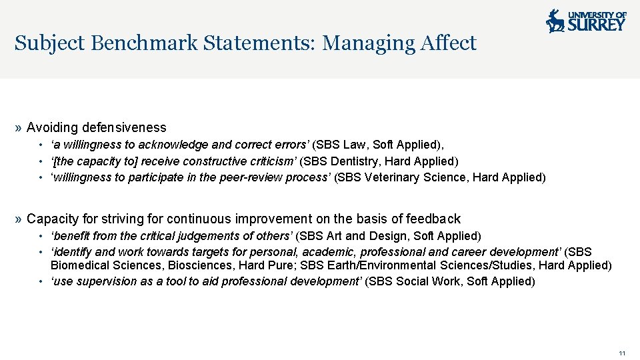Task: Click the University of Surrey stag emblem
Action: [555, 21]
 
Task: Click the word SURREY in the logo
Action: [597, 25]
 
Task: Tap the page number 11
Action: [622, 353]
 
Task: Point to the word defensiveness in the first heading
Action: [125, 127]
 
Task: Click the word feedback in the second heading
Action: [435, 219]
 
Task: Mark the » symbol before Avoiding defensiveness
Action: [19, 127]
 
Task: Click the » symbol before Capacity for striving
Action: [19, 219]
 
